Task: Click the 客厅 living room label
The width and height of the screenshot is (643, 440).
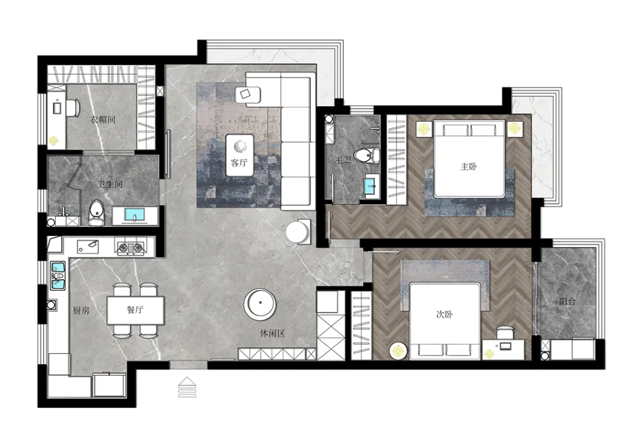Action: coord(239,162)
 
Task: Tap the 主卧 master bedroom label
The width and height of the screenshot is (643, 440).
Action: coord(469,167)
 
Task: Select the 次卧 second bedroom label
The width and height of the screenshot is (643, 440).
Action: coord(444,315)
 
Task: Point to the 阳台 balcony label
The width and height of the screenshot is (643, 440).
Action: coord(568,302)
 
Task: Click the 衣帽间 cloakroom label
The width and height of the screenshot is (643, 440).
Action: coord(103,120)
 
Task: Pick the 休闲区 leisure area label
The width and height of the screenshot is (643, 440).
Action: coord(272,333)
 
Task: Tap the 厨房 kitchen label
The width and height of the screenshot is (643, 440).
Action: coord(81,311)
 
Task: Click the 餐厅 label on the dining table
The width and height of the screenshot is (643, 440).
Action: coord(135,309)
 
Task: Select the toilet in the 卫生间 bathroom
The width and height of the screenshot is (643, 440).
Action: coord(96,212)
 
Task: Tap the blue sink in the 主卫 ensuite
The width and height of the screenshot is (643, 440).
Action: coord(372,186)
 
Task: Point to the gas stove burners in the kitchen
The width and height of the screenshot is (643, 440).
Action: coord(131,247)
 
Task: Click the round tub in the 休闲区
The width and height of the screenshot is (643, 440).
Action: coord(260,304)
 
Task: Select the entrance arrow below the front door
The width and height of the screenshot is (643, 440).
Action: coord(187,387)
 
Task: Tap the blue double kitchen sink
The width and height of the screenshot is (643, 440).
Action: coord(58,276)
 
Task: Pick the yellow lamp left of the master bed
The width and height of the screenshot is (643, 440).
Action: coord(424,129)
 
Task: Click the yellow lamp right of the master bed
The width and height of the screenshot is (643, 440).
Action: coord(514,129)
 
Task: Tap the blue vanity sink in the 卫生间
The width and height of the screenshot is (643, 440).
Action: coord(134,215)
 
